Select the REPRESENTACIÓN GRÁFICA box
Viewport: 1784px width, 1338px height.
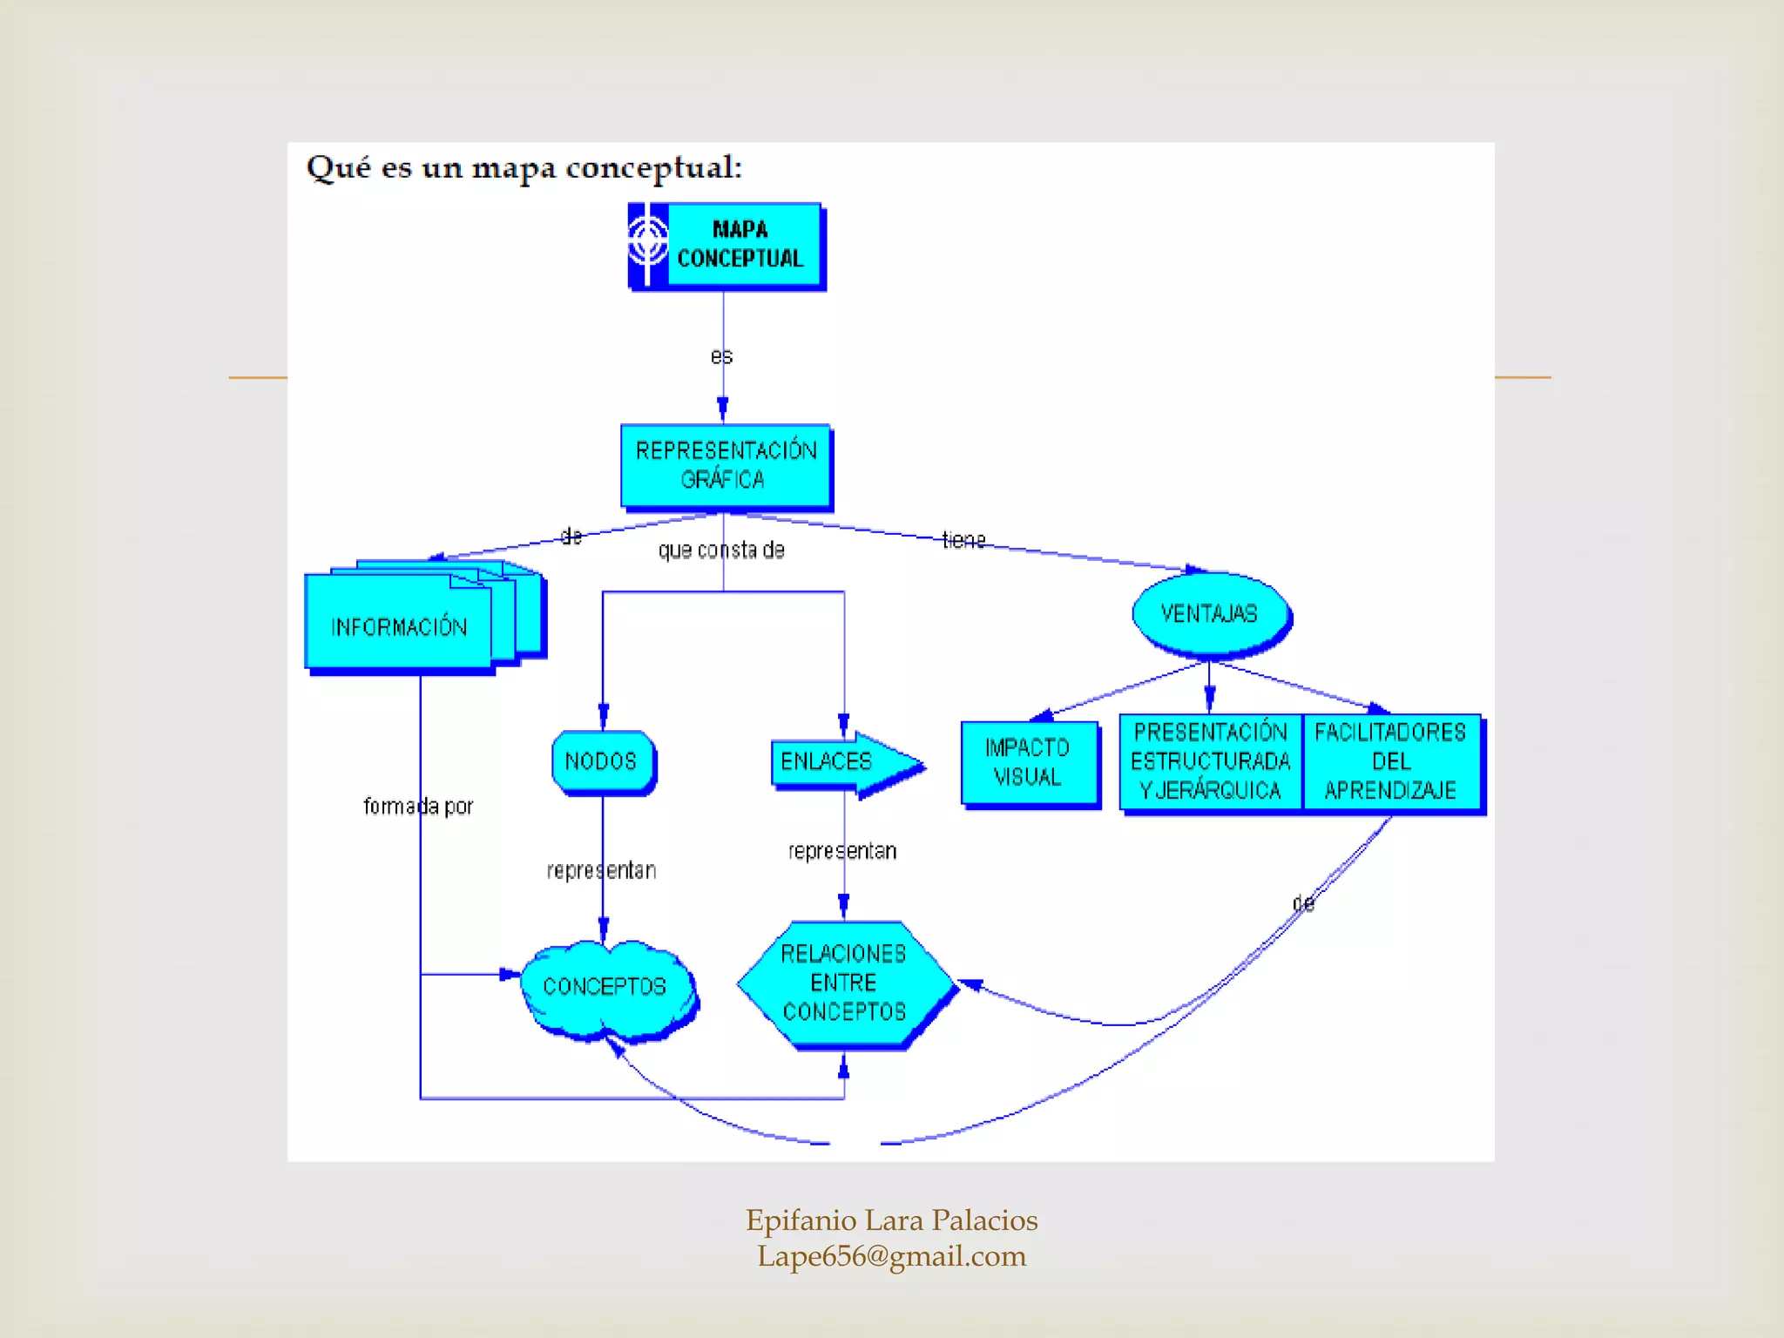725,465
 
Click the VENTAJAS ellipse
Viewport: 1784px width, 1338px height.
1209,613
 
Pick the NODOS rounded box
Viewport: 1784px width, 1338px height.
601,761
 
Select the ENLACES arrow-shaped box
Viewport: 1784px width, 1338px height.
828,761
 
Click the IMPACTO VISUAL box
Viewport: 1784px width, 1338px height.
1028,762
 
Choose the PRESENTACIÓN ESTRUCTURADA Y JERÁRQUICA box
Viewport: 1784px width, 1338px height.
1210,761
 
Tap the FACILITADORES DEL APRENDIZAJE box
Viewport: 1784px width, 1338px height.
1391,761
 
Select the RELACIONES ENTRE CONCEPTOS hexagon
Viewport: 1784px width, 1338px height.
843,983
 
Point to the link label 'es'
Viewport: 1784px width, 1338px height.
721,356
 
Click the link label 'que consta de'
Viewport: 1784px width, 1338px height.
721,551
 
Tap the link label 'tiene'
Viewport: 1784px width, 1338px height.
963,540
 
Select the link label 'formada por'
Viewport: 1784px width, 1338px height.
418,807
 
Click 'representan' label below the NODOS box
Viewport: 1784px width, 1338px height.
601,870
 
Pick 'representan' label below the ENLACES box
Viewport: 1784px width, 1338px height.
841,851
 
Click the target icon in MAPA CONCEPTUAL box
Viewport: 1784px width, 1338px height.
648,243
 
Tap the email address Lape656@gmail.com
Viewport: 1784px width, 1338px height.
891,1256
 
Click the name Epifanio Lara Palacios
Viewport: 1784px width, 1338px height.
891,1220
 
